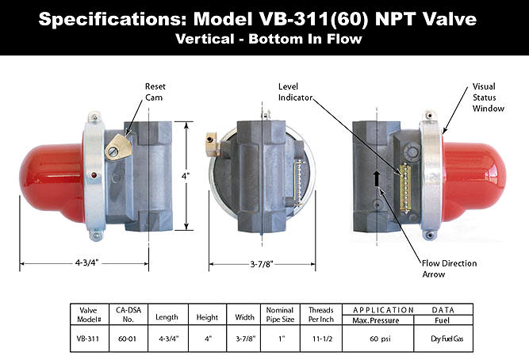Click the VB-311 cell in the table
(x=82, y=338)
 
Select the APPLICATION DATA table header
(x=407, y=309)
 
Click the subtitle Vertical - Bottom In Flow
(x=264, y=38)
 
